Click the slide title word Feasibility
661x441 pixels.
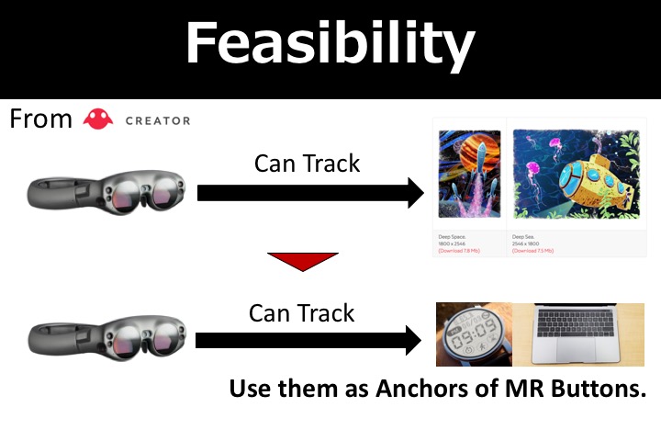click(x=330, y=43)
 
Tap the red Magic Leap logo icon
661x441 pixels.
click(x=97, y=119)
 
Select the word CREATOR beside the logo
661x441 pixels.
click(x=157, y=120)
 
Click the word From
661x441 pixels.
click(x=40, y=119)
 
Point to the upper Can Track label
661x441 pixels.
click(x=307, y=164)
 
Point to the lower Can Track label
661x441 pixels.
click(x=302, y=313)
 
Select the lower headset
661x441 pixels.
click(x=108, y=339)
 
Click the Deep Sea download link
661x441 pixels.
click(x=532, y=251)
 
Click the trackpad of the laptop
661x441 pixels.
click(x=574, y=355)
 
